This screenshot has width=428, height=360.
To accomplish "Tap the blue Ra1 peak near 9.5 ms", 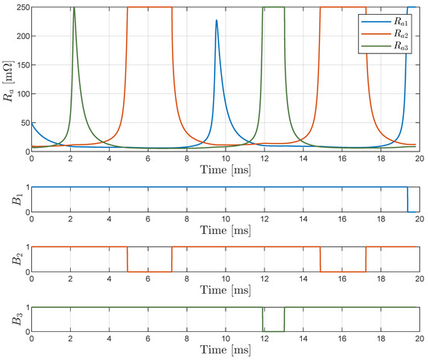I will [216, 21].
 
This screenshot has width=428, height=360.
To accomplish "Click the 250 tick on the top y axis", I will [19, 8].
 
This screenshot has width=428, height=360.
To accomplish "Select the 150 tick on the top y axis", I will [19, 65].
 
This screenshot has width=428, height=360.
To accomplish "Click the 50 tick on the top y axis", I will [22, 122].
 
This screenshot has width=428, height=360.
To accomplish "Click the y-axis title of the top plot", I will [7, 79].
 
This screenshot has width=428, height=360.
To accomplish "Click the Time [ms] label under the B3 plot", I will [225, 351].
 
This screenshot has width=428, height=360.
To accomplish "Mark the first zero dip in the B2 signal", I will [149, 271].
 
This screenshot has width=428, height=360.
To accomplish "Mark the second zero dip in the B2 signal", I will [342, 271].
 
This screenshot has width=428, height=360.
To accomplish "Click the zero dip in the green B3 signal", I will [273, 330].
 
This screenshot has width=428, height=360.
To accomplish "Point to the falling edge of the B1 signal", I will [408, 199].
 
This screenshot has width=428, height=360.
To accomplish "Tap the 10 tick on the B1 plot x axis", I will [225, 220].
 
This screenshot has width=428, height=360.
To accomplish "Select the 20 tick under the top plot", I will [419, 159].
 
